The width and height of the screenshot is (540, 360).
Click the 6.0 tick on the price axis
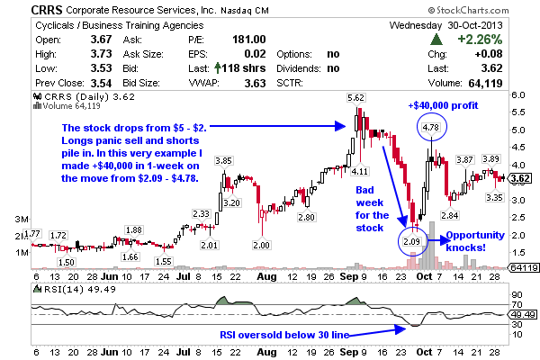(x=518, y=94)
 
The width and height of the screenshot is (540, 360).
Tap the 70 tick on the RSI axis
(x=517, y=294)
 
